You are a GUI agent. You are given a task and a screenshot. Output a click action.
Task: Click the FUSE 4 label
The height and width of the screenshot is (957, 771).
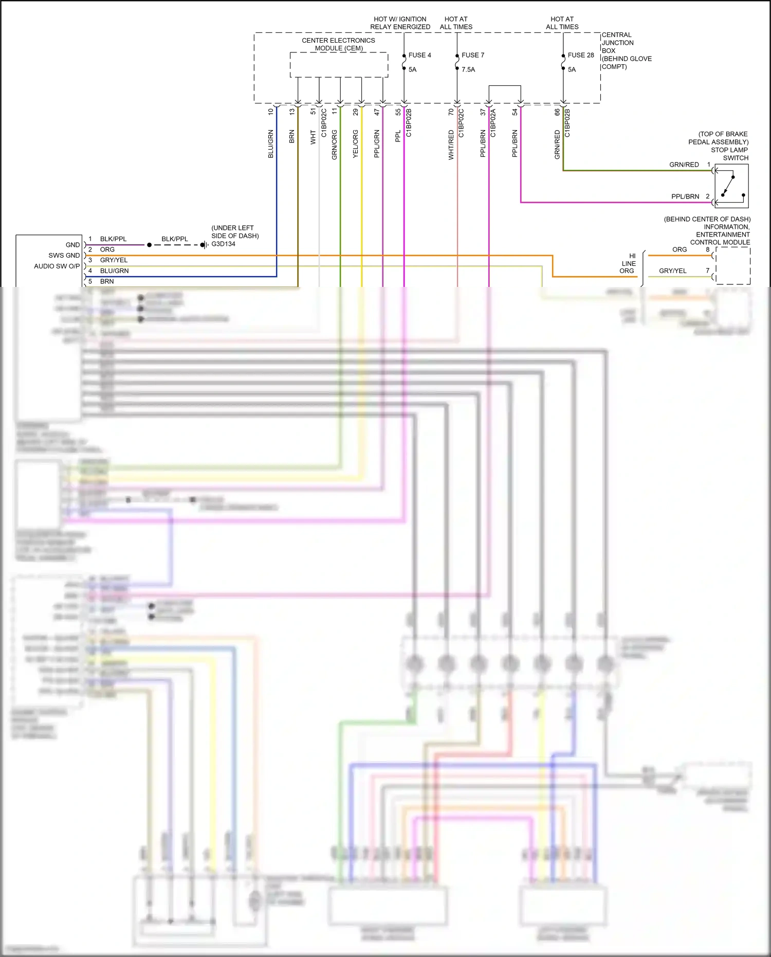(419, 55)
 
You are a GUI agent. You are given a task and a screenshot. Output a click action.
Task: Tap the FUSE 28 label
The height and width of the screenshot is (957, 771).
(580, 55)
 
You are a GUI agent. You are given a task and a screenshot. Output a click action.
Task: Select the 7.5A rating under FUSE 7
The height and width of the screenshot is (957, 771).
(468, 69)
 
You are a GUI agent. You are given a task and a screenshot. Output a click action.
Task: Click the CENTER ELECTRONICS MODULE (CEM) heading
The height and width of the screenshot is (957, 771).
(338, 44)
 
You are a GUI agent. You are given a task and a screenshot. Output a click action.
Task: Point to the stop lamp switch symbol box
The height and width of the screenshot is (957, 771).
(731, 186)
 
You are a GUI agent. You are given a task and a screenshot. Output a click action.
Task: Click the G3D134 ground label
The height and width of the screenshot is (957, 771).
(224, 244)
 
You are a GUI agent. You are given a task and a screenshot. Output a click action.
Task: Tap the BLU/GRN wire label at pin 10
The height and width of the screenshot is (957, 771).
(270, 143)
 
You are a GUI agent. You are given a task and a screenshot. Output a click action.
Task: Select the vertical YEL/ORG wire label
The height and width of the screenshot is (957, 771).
(355, 143)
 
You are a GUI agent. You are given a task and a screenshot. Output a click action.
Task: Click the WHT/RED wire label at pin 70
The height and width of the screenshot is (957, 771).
(451, 145)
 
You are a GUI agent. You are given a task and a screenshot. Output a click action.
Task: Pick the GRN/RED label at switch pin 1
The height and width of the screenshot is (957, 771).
(684, 165)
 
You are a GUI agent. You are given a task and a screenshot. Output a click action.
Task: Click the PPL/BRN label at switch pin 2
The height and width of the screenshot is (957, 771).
(685, 196)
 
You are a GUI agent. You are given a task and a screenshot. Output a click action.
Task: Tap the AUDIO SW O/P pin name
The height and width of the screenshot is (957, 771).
(57, 266)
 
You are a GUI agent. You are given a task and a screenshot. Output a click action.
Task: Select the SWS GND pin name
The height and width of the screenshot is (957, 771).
(64, 255)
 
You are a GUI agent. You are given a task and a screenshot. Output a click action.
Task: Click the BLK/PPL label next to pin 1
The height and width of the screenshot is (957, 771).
(113, 239)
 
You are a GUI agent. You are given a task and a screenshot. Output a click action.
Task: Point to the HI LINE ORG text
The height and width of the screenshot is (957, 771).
(628, 263)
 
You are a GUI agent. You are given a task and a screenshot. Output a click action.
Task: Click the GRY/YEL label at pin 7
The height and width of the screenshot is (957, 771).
(672, 270)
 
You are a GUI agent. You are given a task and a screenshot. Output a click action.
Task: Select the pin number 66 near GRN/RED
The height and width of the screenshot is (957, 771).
(557, 112)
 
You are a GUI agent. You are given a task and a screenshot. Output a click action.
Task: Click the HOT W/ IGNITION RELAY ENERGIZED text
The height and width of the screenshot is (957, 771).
(400, 23)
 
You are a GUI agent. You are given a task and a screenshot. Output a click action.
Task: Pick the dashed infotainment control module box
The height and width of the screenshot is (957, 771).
(733, 265)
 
